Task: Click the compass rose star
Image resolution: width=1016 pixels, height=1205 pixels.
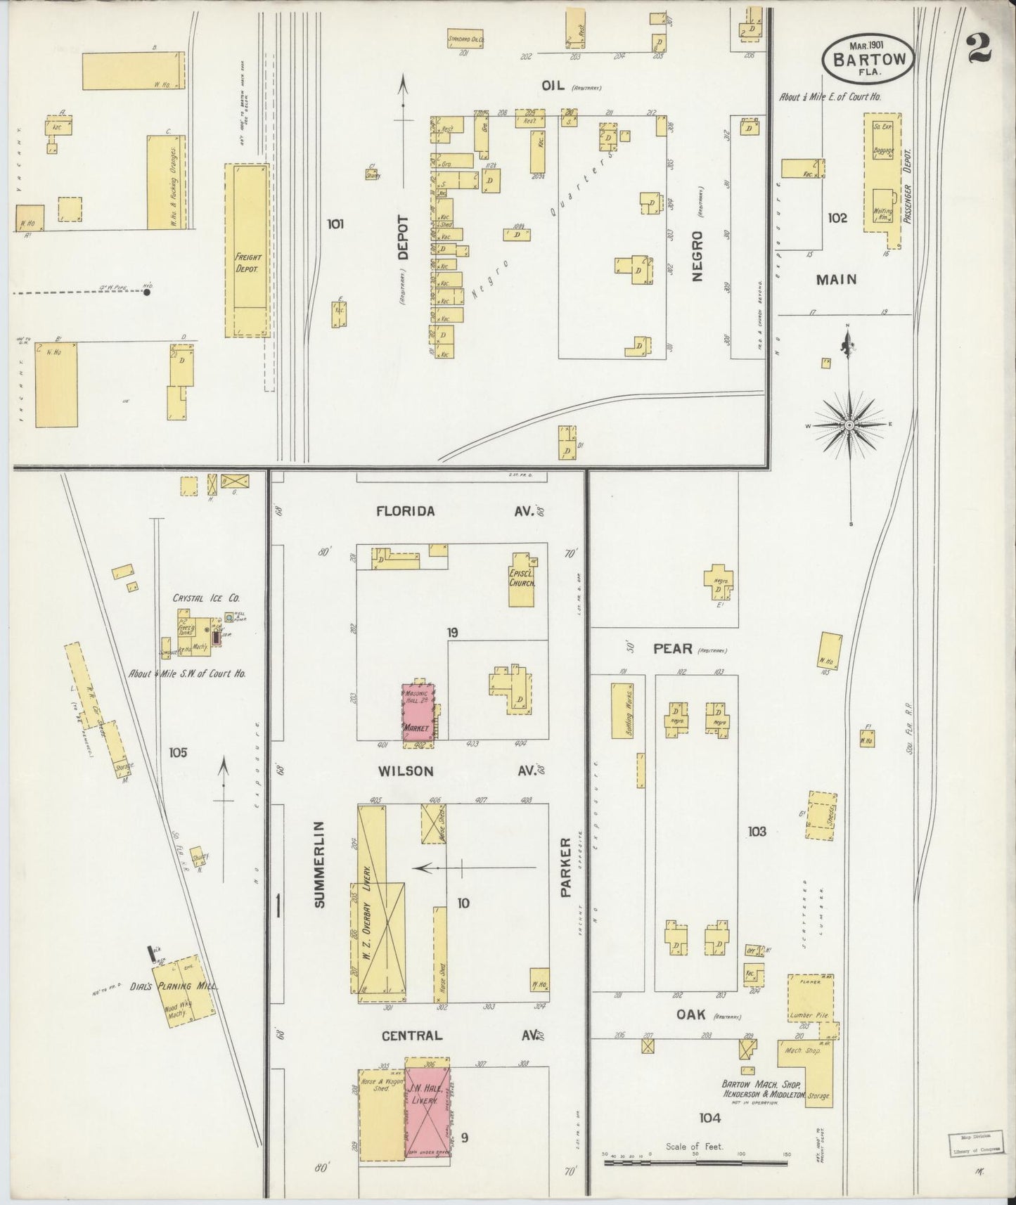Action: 849,425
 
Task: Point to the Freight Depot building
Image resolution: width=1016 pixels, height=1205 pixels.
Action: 247,251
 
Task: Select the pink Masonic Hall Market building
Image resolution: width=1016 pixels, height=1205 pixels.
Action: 418,711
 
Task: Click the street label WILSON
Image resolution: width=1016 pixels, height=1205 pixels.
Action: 406,771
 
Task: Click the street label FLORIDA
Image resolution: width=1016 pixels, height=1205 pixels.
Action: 405,512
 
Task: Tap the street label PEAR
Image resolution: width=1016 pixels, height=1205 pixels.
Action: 673,649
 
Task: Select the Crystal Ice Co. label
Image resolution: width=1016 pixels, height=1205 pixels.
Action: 205,598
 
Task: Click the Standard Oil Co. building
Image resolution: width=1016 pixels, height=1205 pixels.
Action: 466,40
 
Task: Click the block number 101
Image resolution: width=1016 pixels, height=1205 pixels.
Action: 335,225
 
